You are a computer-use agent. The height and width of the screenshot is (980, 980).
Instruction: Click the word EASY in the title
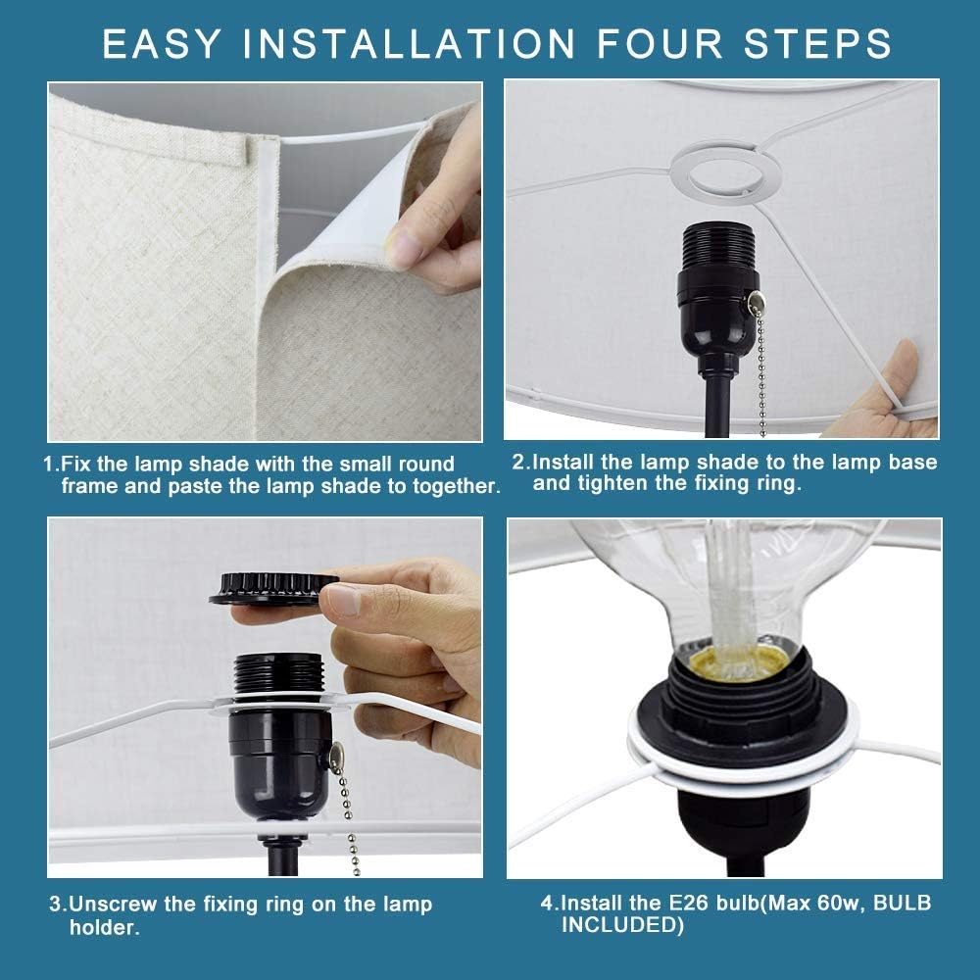[x=162, y=44]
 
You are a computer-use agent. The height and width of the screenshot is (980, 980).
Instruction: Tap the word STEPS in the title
[x=817, y=44]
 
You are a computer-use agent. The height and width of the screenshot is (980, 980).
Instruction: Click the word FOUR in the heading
[x=660, y=44]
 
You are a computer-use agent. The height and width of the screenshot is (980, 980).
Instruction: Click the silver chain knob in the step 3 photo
[x=337, y=756]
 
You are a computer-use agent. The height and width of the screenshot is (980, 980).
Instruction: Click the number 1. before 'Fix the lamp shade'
[x=51, y=465]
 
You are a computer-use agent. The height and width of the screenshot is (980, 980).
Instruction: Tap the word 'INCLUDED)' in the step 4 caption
[x=622, y=925]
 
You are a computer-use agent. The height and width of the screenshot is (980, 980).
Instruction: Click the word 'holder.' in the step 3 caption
[x=105, y=927]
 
